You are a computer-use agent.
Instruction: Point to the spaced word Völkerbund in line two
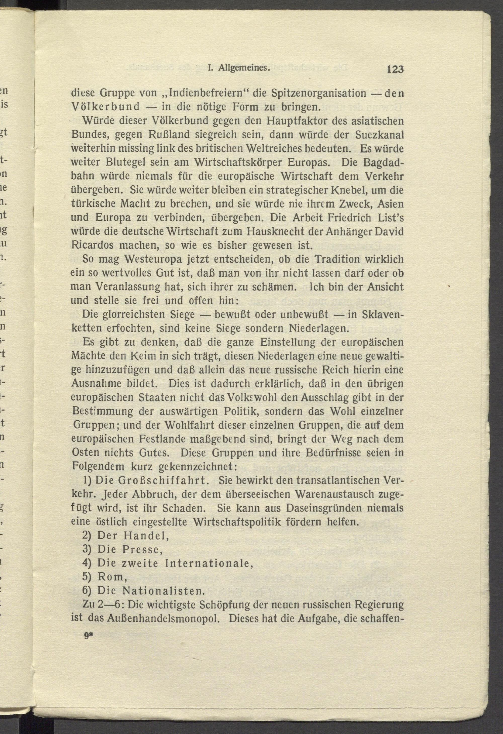pos(105,107)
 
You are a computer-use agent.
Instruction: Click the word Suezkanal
pos(379,135)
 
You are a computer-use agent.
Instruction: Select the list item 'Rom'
pos(112,577)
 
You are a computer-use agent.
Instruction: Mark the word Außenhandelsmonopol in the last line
pos(164,618)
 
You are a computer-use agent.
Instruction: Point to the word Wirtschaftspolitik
pos(237,522)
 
